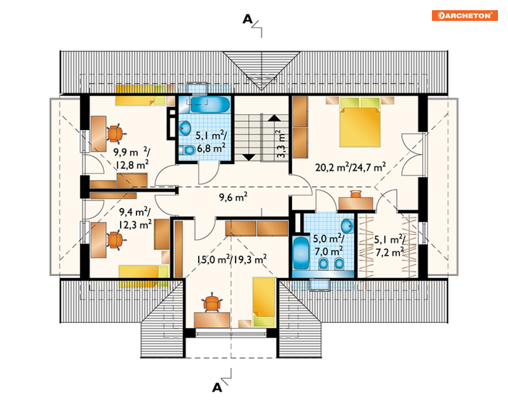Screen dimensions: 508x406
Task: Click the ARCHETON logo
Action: (465, 15)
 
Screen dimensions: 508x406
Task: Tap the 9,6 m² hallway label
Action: (233, 197)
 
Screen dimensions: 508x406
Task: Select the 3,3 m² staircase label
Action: (281, 144)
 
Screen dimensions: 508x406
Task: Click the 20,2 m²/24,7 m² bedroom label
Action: (351, 167)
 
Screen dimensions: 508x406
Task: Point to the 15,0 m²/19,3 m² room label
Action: (232, 259)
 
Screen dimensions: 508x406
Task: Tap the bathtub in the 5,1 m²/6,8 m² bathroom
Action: (210, 105)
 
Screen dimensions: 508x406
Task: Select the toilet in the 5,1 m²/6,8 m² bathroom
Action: (187, 150)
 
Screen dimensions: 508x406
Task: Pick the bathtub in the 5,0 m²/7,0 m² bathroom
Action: (301, 253)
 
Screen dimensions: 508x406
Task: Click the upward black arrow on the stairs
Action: (274, 118)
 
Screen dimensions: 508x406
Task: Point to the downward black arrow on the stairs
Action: (249, 157)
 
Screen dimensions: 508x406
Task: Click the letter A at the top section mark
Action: (248, 19)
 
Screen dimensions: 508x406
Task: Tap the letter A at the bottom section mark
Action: (217, 387)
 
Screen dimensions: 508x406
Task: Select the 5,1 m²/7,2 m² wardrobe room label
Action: (390, 246)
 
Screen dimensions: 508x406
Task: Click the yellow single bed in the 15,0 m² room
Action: (264, 302)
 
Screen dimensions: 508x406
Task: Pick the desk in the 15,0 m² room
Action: (212, 320)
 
